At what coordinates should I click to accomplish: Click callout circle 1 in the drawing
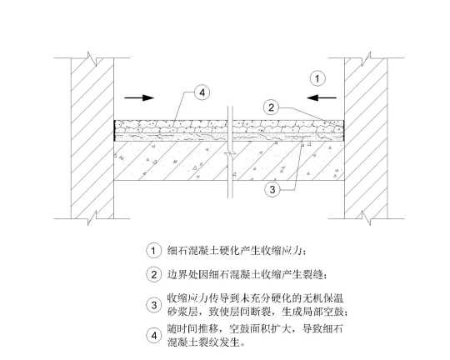pos(317,78)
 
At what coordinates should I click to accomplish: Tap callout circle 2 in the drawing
pos(271,107)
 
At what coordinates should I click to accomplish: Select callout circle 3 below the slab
pos(272,189)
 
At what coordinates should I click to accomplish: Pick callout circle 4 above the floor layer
pos(202,92)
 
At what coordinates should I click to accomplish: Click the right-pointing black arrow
pos(139,97)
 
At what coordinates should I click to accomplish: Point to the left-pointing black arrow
pos(322,97)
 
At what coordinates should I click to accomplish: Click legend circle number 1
pos(153,251)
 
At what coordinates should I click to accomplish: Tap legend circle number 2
pos(153,275)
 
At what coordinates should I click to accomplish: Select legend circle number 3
pos(153,305)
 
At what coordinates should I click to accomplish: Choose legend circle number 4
pos(153,335)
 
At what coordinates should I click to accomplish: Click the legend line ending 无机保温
pos(256,298)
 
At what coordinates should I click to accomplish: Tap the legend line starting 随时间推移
pos(255,328)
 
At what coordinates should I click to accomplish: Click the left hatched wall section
pos(92,138)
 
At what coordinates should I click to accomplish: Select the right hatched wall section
pos(366,138)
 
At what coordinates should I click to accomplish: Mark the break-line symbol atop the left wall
pos(92,58)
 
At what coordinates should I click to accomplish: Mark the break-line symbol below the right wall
pos(366,218)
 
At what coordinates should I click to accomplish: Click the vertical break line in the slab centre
pos(230,152)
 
